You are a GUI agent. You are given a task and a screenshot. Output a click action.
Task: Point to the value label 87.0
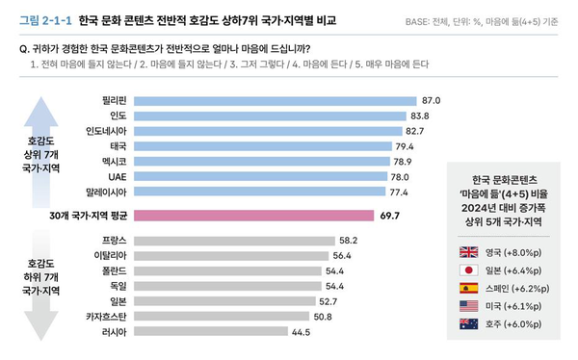[x=432, y=100]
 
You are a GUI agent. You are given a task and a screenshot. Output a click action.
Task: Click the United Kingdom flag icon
[x=469, y=252]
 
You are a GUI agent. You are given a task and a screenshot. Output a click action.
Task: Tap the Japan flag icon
[x=469, y=271]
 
